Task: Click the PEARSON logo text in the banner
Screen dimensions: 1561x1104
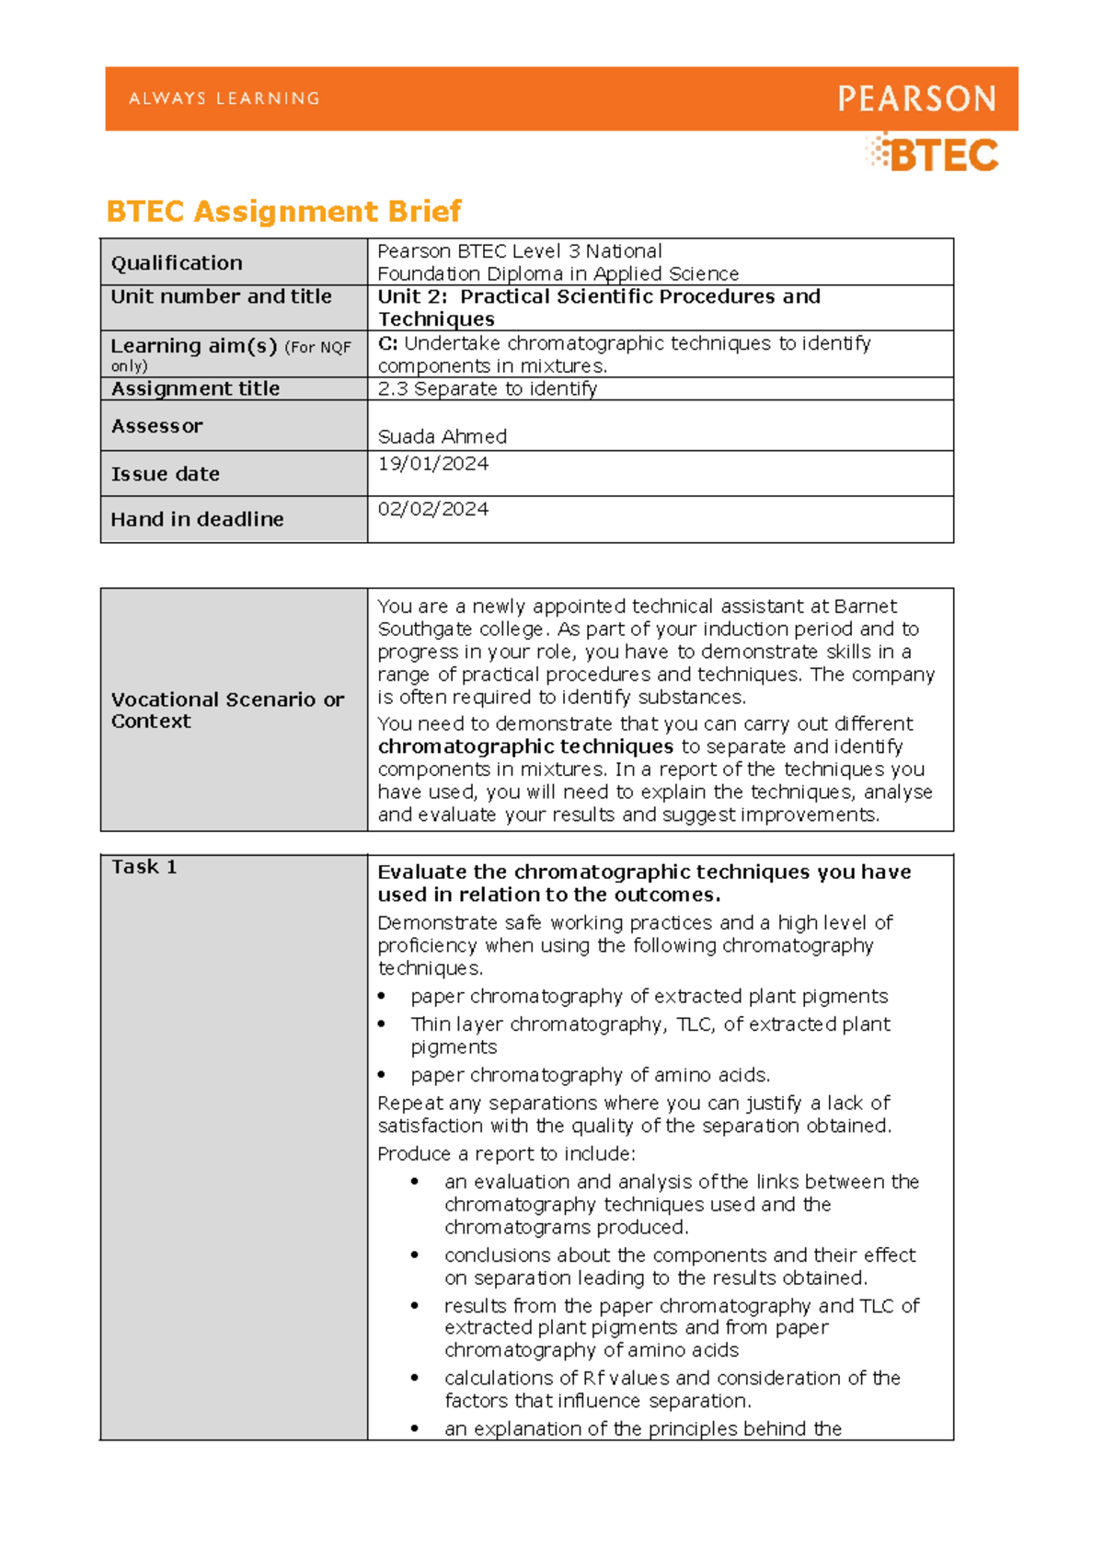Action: tap(916, 98)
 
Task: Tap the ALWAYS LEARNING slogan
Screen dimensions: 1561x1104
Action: tap(224, 98)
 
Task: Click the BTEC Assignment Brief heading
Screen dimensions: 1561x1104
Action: tap(283, 212)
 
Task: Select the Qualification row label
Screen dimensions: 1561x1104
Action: tap(177, 263)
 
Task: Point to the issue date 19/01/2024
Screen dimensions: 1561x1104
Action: tap(432, 464)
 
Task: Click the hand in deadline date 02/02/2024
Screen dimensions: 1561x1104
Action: tap(432, 509)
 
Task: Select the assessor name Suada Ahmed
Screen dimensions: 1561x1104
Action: tap(442, 436)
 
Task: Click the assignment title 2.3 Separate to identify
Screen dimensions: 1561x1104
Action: tap(487, 388)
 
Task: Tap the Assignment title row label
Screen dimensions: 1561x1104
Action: tap(195, 388)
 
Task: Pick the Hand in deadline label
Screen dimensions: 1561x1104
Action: tap(197, 519)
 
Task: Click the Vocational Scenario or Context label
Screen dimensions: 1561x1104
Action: tap(226, 710)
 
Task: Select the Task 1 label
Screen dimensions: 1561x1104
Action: tap(144, 867)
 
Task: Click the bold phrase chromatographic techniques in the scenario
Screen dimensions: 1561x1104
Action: tap(525, 746)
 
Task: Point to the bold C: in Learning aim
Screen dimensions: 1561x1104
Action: tap(387, 343)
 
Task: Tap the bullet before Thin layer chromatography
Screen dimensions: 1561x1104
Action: tap(382, 1025)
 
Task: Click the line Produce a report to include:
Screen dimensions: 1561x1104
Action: tap(506, 1153)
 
